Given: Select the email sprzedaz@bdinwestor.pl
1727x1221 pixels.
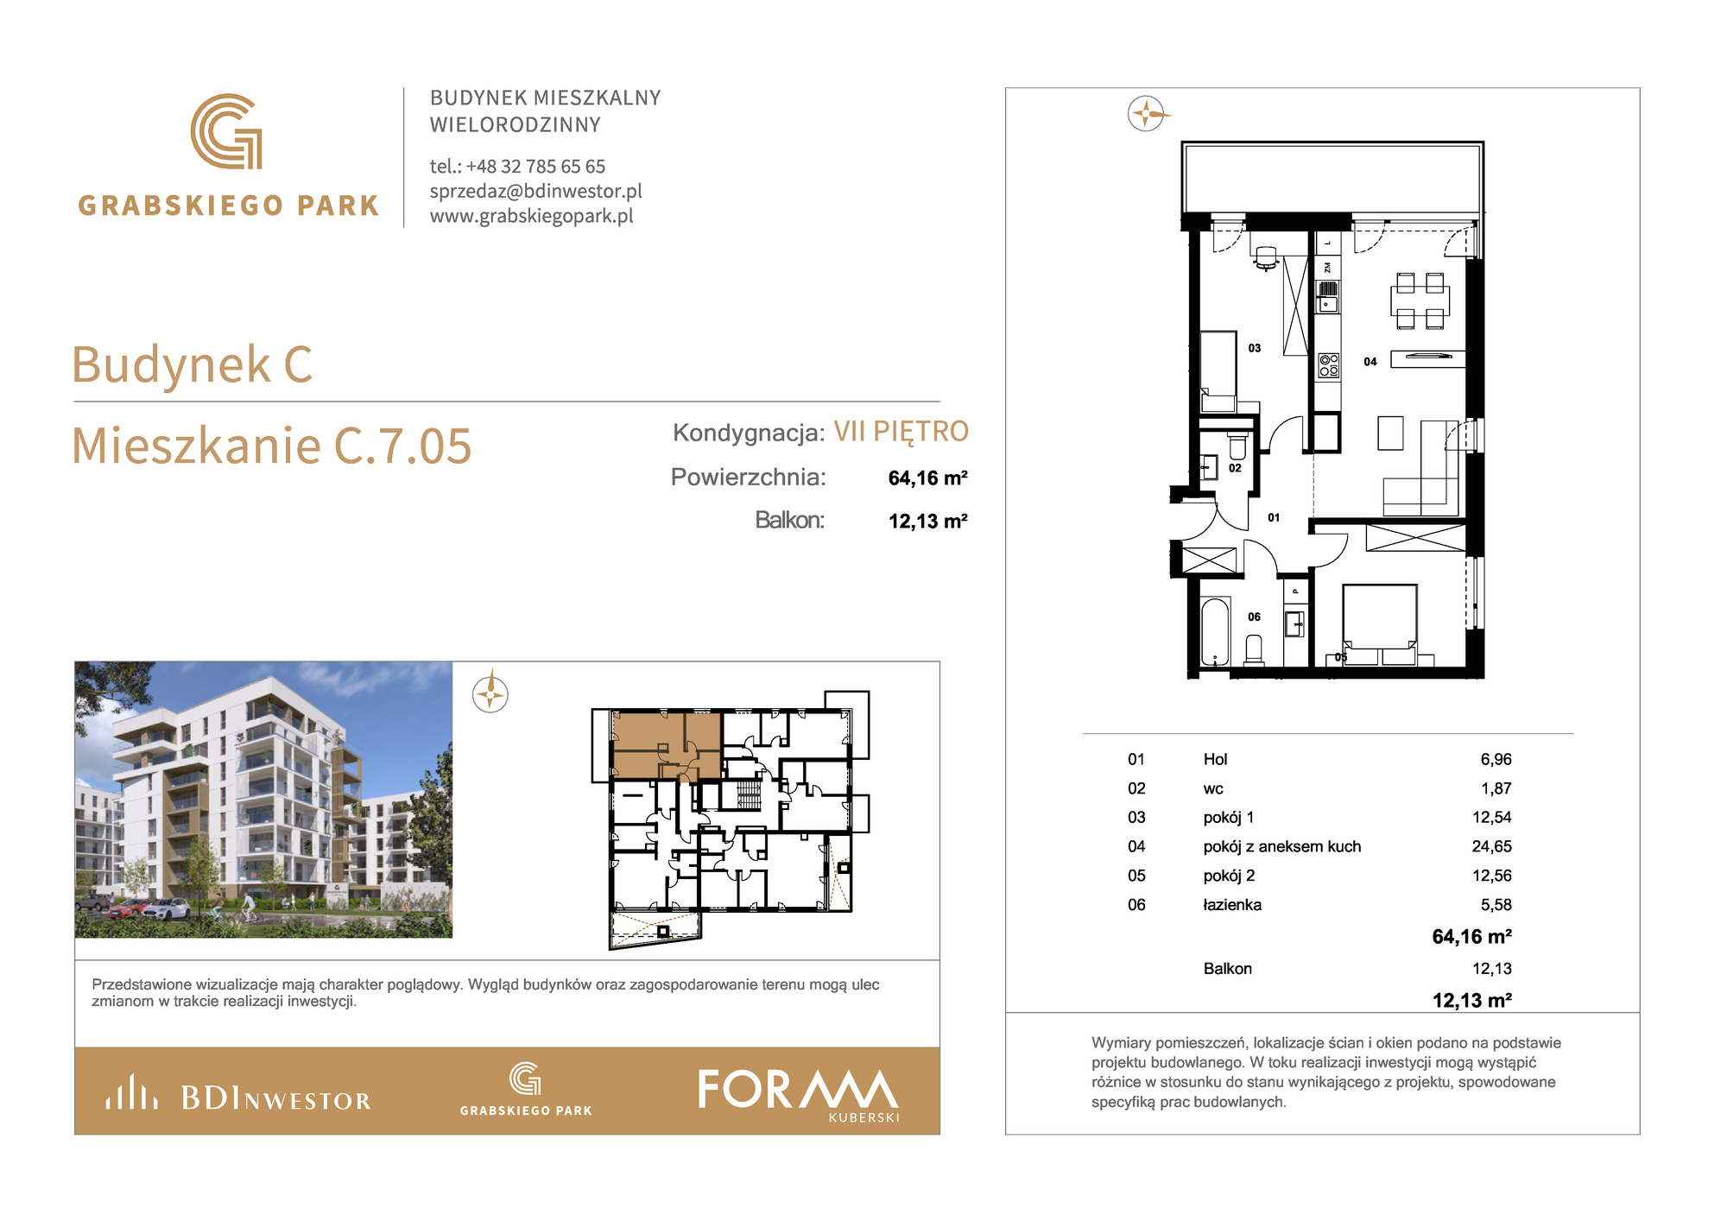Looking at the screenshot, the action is coord(536,191).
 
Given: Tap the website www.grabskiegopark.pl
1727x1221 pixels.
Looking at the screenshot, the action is coord(532,216).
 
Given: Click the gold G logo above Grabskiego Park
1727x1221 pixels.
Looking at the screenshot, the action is coord(226,131).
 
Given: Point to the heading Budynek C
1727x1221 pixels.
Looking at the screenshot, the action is coord(192,364).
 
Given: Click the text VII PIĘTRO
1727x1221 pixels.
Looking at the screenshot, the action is coord(901,431).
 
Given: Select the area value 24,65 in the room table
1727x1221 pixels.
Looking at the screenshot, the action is coord(1491,846).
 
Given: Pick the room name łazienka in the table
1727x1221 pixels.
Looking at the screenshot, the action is coord(1232,905).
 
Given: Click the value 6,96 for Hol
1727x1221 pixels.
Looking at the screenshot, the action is coord(1496,759).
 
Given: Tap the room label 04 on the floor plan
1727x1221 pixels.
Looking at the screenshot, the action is coord(1370,362).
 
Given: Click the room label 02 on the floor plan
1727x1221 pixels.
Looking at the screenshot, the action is coord(1235,468).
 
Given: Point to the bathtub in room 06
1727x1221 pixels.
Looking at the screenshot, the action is coord(1215,632).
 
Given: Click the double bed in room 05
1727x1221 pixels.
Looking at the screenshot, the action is coord(1380,624).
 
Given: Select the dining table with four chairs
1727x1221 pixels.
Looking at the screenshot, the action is coord(1420,301).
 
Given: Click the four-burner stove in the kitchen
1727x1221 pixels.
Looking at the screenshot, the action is coord(1329,365).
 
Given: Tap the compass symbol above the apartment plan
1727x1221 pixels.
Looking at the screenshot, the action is coord(1146,113).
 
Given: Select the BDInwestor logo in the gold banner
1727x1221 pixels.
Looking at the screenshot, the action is coord(237,1093).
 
